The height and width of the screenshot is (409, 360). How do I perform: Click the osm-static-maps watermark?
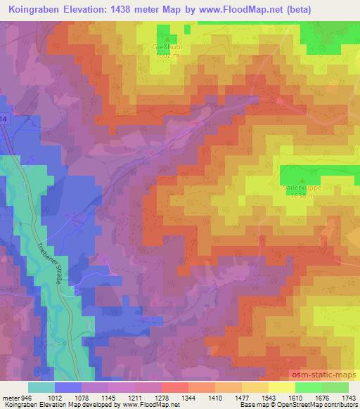pyautogui.click(x=325, y=372)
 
